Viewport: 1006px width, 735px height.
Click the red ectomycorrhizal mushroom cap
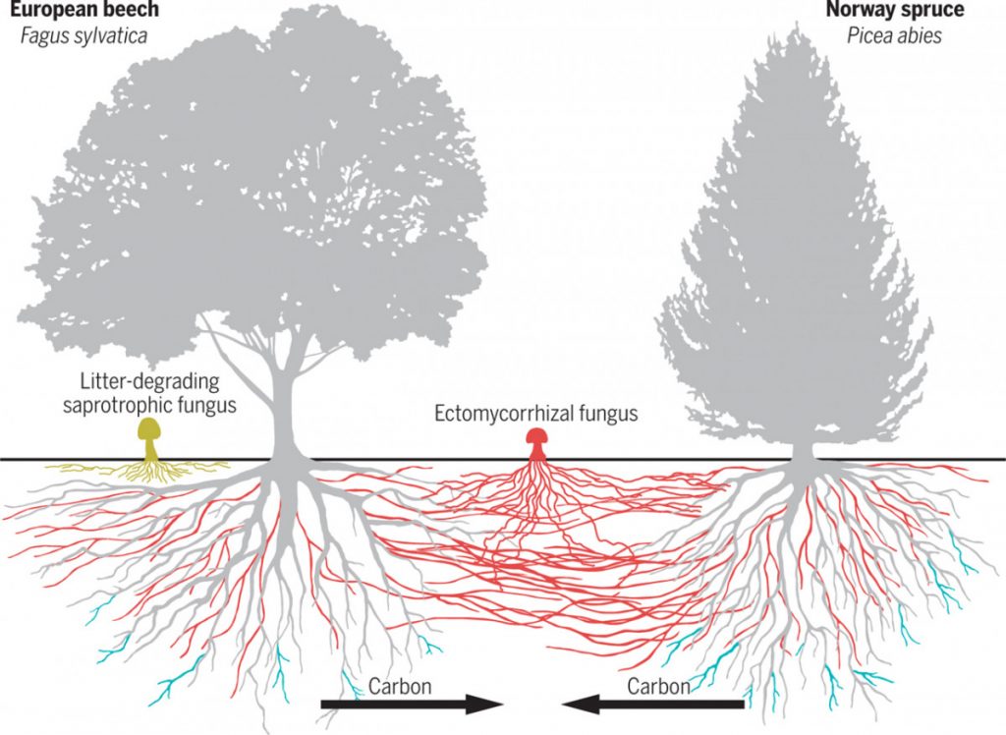[x=537, y=436]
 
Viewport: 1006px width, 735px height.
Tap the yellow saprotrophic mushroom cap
[x=150, y=428]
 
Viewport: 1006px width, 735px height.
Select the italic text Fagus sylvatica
[x=75, y=37]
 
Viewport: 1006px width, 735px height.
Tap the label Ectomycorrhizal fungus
[x=536, y=414]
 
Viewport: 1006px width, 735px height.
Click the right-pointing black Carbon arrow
[x=412, y=704]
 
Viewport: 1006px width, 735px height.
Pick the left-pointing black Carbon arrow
[x=652, y=704]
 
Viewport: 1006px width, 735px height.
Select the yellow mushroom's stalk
[x=151, y=447]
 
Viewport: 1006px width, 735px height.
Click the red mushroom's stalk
[x=537, y=451]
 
